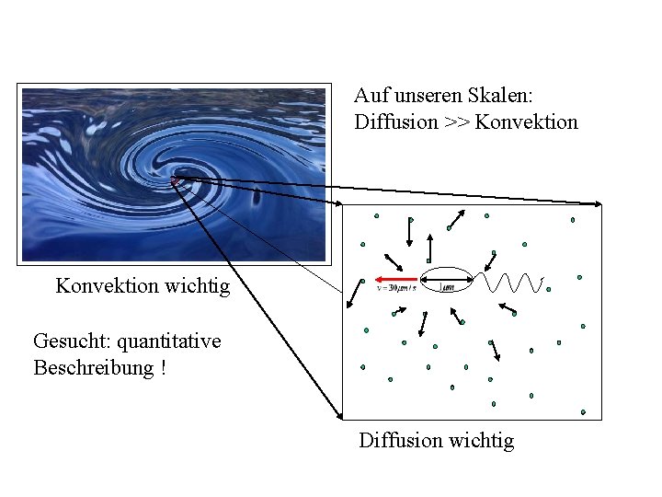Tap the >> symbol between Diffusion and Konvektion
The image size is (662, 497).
pos(456,121)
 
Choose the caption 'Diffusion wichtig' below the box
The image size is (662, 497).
pos(436,441)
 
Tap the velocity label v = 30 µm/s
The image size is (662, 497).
pos(397,288)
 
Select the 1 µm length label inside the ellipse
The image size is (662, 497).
pos(446,287)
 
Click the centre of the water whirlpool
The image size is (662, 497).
pos(180,175)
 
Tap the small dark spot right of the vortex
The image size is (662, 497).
pos(257,194)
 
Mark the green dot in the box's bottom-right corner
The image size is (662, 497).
pos(583,412)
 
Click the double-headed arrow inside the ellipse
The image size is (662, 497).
pos(446,279)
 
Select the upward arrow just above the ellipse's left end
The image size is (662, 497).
pos(429,246)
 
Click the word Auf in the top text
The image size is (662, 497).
pos(369,96)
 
